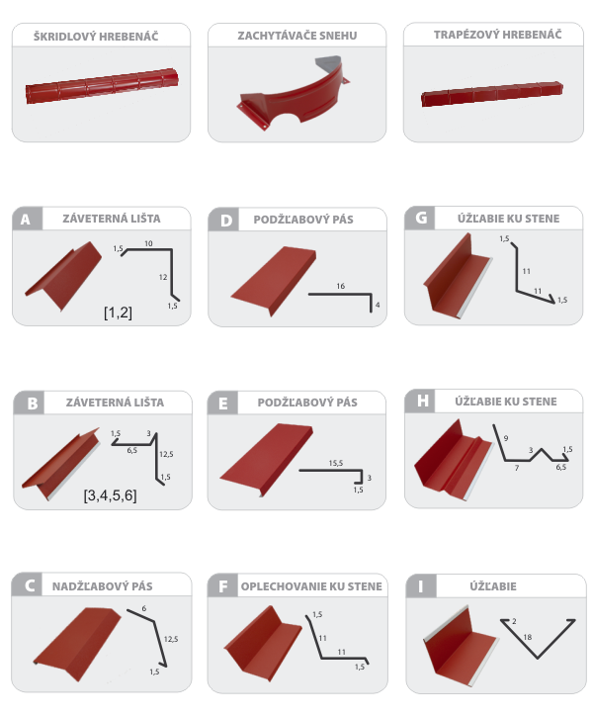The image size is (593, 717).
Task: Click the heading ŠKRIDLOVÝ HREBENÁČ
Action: [96, 37]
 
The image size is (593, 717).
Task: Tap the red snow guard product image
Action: [294, 95]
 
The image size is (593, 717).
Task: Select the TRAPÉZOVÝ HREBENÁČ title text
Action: [497, 35]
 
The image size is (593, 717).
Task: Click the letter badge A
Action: [27, 219]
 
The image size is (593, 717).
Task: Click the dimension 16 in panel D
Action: [340, 286]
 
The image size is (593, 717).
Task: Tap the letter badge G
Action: [420, 218]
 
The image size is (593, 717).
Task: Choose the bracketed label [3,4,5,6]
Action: [110, 495]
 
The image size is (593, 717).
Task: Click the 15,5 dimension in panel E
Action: [335, 463]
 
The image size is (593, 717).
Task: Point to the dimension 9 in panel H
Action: [506, 438]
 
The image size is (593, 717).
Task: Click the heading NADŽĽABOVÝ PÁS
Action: [103, 586]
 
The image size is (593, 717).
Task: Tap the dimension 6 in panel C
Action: [144, 608]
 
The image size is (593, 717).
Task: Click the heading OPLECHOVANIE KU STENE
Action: [311, 586]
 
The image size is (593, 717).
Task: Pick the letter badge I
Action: [421, 586]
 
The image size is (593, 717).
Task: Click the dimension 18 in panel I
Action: [527, 637]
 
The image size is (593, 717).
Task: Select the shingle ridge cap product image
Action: [102, 86]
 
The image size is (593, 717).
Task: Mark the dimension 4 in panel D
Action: [378, 305]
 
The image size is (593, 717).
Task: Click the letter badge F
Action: [222, 585]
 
